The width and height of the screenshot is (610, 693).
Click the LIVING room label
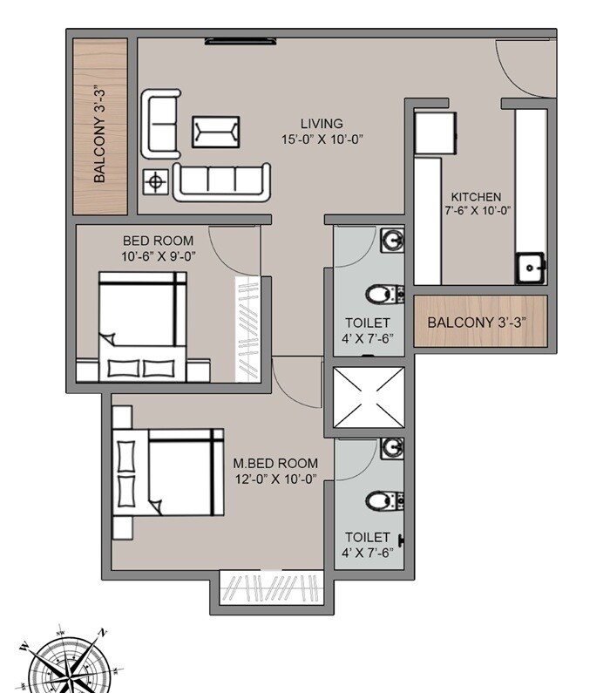pyautogui.click(x=322, y=124)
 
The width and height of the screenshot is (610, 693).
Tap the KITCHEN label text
pyautogui.click(x=475, y=197)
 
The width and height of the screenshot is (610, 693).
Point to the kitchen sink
pyautogui.click(x=530, y=268)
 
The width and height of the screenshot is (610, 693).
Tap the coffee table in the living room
pyautogui.click(x=216, y=132)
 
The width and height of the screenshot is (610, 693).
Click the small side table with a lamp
pyautogui.click(x=155, y=181)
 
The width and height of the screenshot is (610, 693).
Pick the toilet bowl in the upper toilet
pyautogui.click(x=381, y=293)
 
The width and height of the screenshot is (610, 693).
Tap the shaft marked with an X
pyautogui.click(x=369, y=397)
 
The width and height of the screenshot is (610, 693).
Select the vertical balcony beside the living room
pyautogui.click(x=101, y=126)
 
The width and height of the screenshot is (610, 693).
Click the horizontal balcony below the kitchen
pyautogui.click(x=480, y=321)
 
